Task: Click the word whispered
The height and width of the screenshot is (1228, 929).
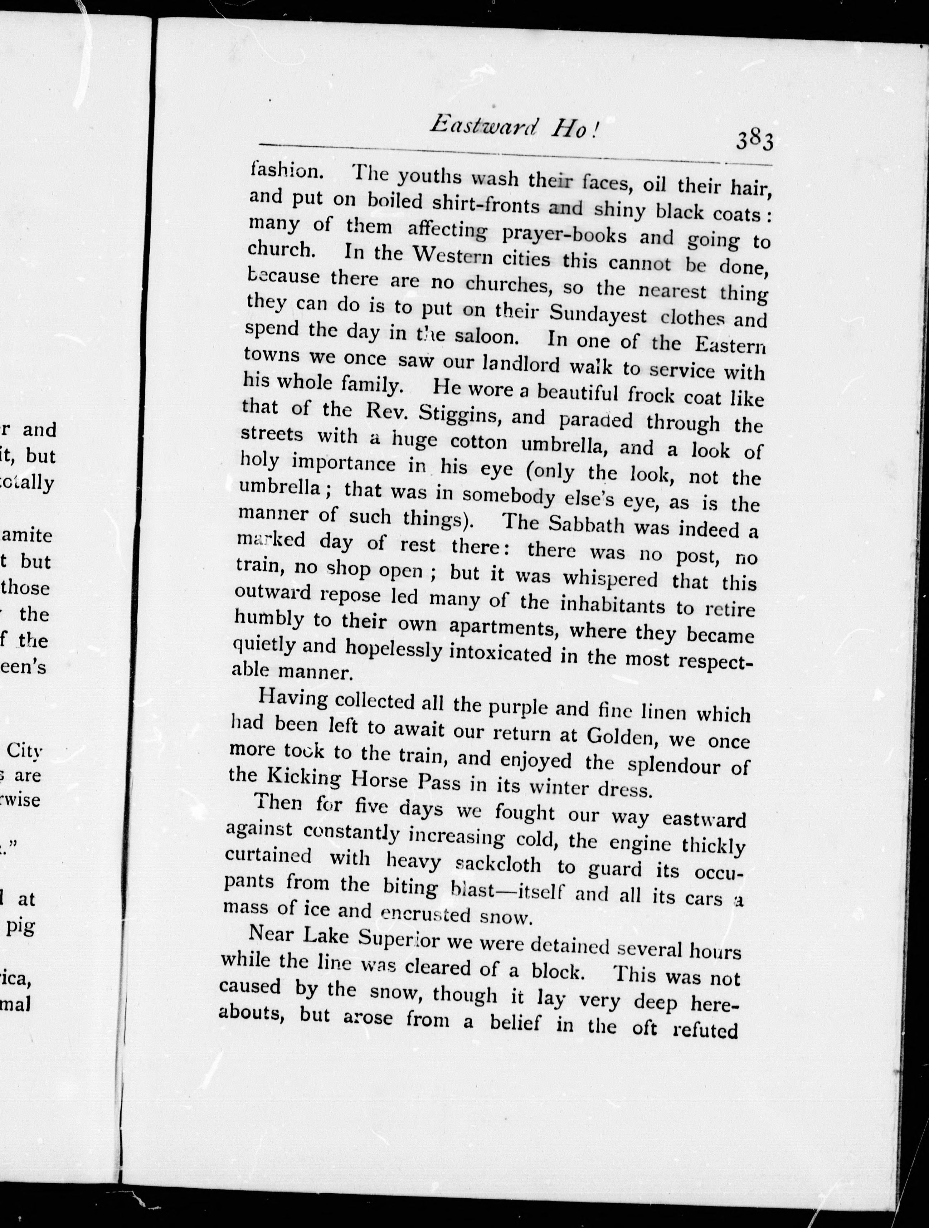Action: tap(610, 578)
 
